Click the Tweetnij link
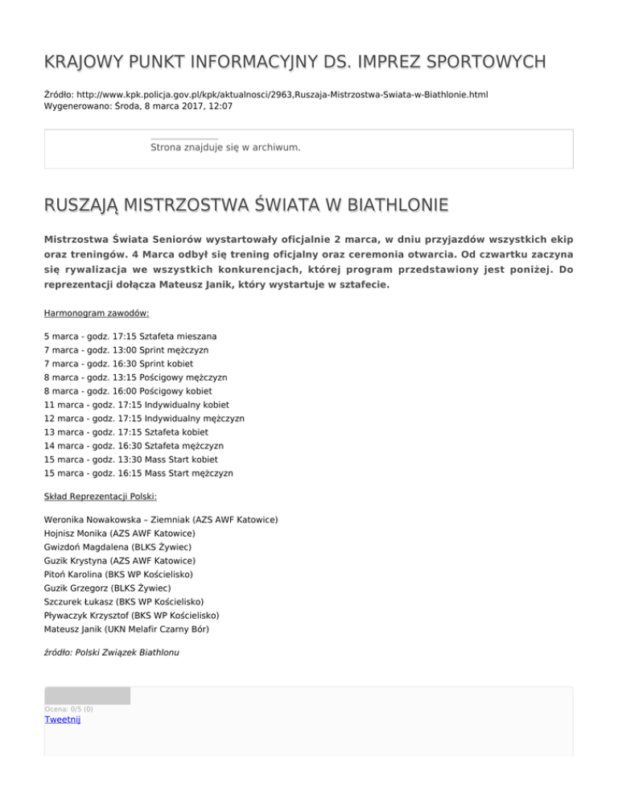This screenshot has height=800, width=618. click(62, 720)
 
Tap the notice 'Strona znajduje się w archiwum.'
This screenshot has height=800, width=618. click(225, 148)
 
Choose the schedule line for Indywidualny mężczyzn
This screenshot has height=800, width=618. click(145, 419)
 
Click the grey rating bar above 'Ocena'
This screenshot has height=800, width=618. click(87, 695)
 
